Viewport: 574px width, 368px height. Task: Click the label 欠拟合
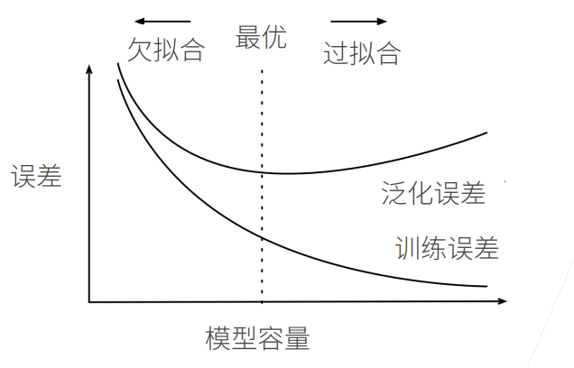(x=165, y=51)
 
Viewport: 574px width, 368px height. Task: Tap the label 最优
(x=261, y=39)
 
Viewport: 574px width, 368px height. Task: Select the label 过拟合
(x=361, y=53)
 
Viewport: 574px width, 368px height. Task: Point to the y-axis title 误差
(x=36, y=177)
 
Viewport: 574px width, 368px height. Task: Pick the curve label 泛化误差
(x=433, y=194)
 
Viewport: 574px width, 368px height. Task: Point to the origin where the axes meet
(x=89, y=300)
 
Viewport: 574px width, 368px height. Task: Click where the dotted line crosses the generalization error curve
(x=262, y=171)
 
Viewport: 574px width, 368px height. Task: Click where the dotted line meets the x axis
(x=262, y=300)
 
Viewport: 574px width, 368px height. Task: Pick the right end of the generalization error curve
(x=486, y=133)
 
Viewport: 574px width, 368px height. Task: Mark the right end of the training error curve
(x=486, y=286)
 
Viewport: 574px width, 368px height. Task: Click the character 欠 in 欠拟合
(x=139, y=51)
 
